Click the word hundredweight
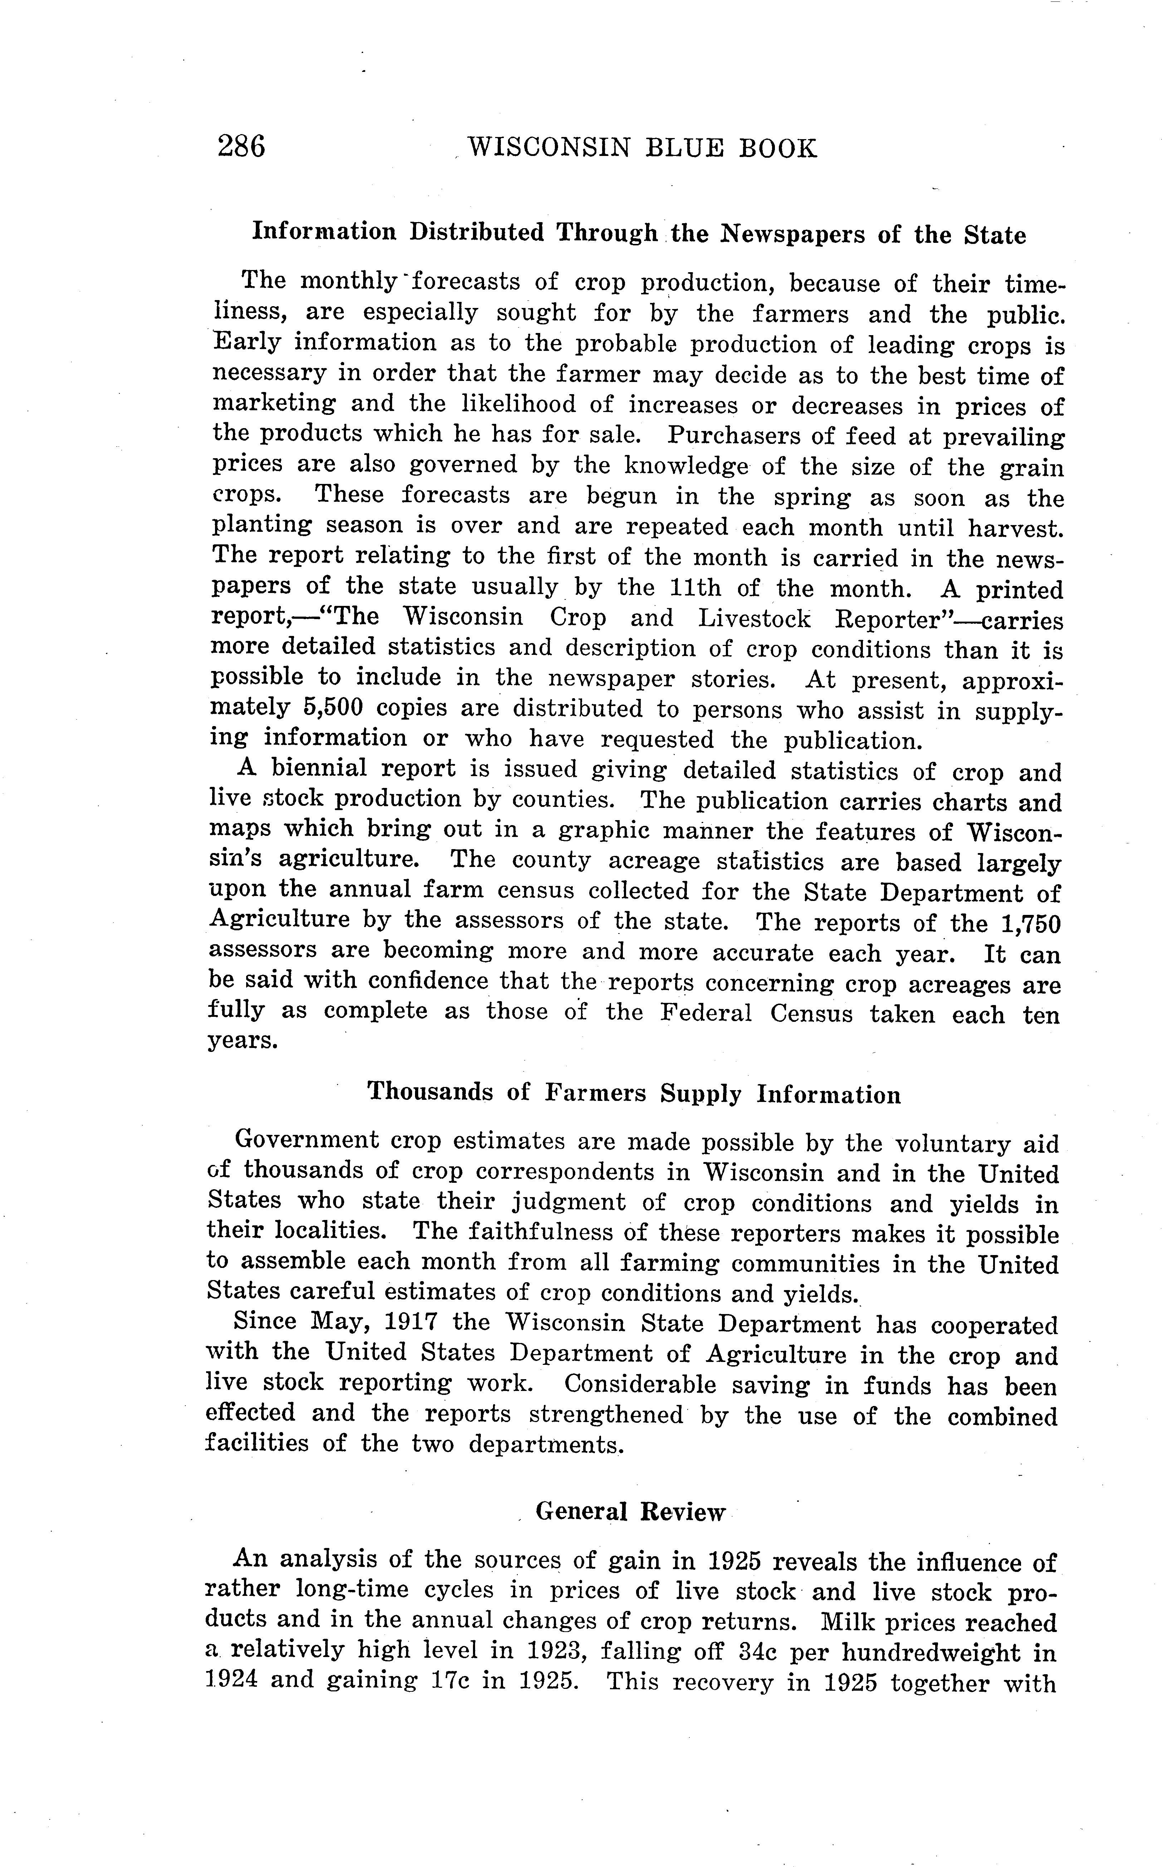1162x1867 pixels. [x=928, y=1653]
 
